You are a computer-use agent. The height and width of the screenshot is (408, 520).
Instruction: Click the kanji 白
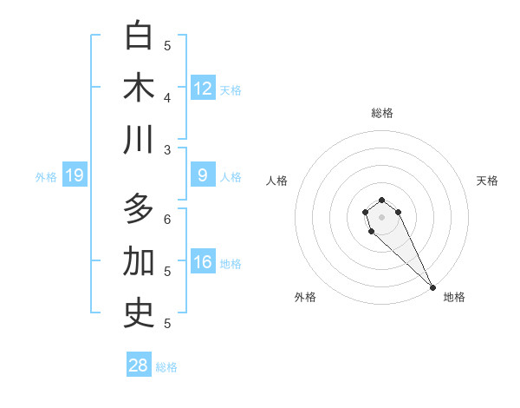point(139,36)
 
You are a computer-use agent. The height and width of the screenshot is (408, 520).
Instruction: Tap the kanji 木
point(139,88)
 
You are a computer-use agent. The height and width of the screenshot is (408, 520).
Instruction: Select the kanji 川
point(139,140)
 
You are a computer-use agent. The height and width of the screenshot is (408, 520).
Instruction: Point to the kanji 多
point(139,209)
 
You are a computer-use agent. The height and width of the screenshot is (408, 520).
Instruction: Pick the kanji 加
point(139,261)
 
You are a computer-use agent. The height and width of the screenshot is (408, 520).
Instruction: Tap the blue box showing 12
point(203,89)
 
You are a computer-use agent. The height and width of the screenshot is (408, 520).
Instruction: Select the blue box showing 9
point(203,175)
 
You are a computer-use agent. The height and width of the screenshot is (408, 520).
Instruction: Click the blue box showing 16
point(203,262)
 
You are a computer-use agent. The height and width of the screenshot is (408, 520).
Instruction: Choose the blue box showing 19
point(74,176)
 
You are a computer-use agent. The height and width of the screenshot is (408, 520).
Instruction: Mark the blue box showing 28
point(139,365)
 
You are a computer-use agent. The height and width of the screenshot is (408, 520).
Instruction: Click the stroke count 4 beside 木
point(167,98)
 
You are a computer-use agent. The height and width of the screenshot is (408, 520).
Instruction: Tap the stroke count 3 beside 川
point(167,150)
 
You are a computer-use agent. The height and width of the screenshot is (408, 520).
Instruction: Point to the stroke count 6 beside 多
point(167,220)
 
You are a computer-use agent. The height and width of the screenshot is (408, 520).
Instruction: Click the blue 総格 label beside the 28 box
point(166,367)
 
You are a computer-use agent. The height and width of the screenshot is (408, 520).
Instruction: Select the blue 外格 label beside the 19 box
point(46,177)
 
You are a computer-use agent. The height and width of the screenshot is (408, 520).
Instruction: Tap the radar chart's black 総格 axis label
point(382,113)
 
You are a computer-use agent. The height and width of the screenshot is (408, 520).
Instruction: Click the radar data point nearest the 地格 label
point(432,287)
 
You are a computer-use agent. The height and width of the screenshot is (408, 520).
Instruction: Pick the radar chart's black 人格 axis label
point(277,181)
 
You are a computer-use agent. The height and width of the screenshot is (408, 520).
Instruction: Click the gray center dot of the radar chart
point(382,217)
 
